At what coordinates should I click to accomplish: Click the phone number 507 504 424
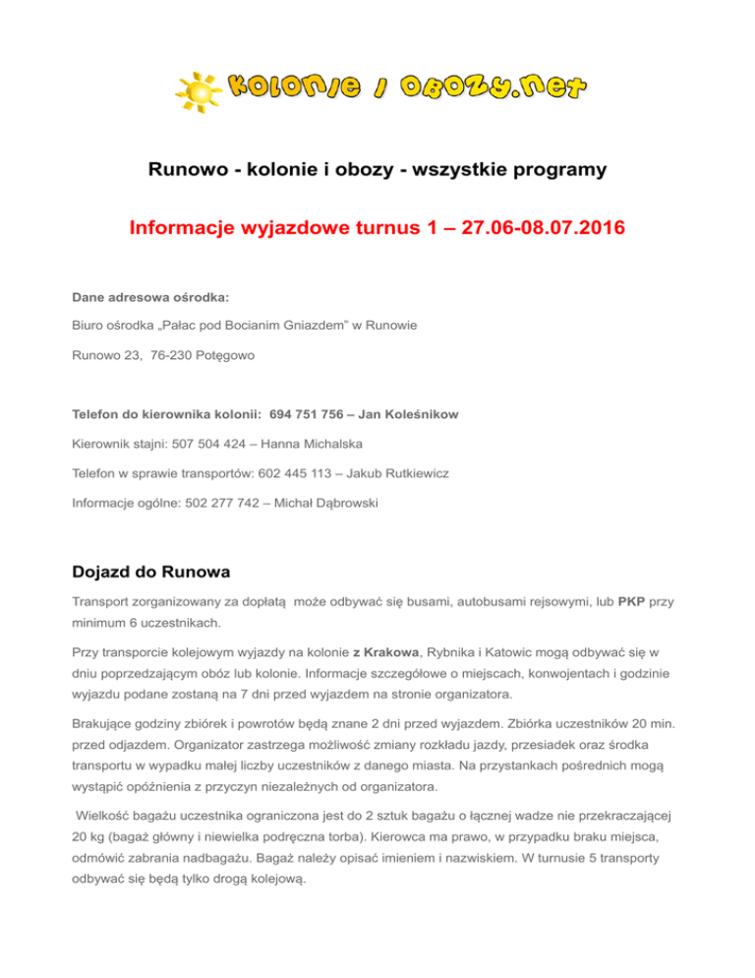(214, 445)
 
